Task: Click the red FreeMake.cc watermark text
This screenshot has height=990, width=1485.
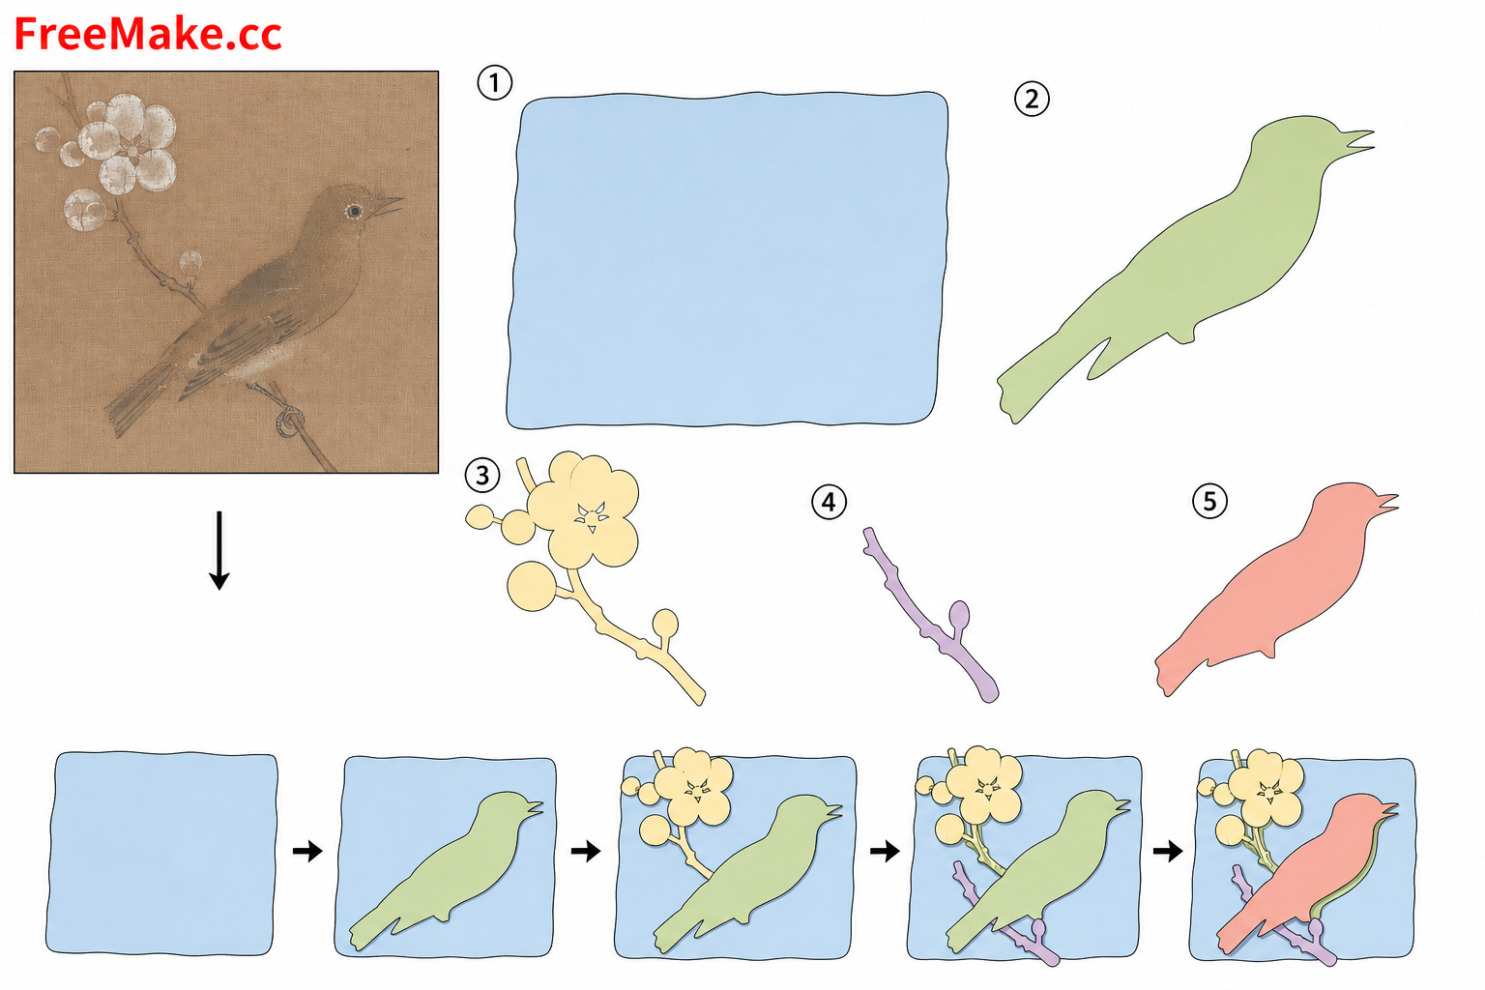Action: tap(148, 35)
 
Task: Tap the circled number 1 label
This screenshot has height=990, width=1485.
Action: tap(495, 83)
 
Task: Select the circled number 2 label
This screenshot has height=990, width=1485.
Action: tap(1032, 100)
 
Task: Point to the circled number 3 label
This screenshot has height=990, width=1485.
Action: tap(482, 476)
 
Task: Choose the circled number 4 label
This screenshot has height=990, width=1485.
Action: tap(829, 502)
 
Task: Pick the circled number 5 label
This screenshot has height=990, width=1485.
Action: tap(1209, 501)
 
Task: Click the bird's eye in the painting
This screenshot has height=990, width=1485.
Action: tap(355, 212)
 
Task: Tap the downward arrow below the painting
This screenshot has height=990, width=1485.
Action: tap(218, 550)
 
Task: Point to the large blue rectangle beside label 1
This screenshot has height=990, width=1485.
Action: tap(727, 260)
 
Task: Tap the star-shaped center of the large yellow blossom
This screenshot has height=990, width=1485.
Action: tap(592, 517)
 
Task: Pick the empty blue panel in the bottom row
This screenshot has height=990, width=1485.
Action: tap(161, 854)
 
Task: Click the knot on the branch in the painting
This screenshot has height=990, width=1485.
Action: tap(290, 422)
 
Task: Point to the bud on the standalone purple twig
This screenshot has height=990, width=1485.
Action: tap(959, 614)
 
